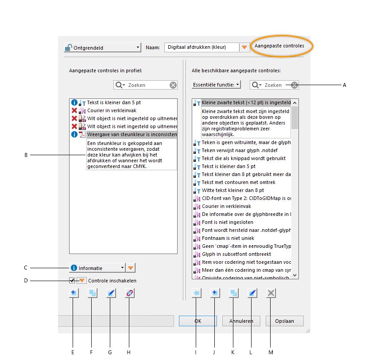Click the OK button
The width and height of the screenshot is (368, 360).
(198, 321)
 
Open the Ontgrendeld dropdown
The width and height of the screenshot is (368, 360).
(102, 47)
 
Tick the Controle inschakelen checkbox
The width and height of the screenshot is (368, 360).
(72, 280)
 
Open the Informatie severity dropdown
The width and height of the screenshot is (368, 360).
(97, 268)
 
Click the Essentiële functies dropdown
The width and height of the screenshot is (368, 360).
(216, 84)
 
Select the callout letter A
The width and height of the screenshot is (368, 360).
(344, 85)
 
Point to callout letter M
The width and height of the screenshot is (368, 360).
(271, 352)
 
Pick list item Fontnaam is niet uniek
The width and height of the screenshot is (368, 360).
(222, 238)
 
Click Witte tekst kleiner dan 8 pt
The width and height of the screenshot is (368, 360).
(227, 190)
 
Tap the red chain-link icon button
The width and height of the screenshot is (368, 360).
(129, 293)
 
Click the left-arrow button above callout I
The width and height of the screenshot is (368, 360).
(197, 293)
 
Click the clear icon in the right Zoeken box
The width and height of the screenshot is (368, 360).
(294, 85)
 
